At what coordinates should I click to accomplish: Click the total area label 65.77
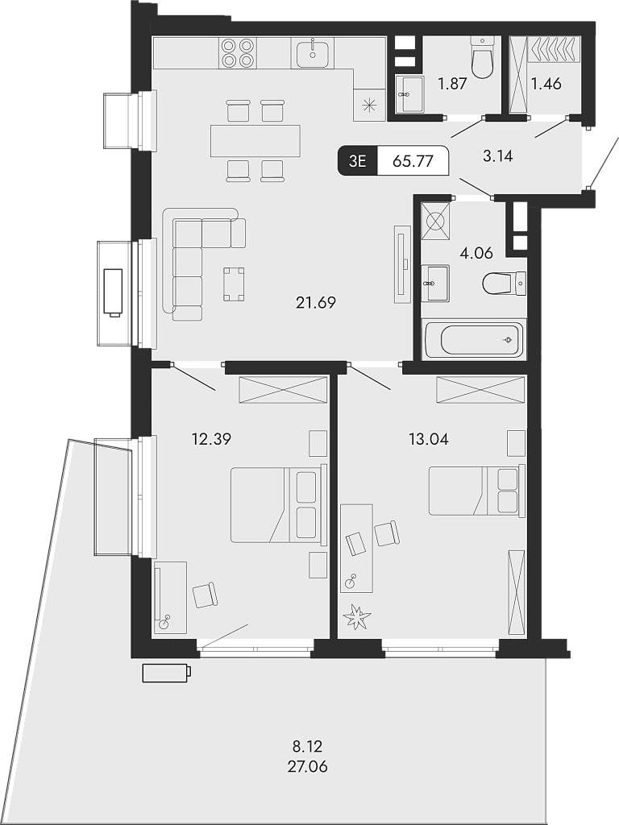click(413, 161)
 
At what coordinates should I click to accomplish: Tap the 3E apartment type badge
click(357, 161)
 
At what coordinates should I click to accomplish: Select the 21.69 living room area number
click(316, 303)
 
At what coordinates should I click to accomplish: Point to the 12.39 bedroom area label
click(212, 438)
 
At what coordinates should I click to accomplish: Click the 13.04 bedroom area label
click(429, 438)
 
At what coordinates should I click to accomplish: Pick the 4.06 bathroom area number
click(476, 254)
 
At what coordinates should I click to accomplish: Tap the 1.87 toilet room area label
click(453, 83)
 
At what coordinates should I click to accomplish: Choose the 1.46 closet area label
click(546, 83)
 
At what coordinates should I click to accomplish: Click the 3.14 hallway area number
click(497, 155)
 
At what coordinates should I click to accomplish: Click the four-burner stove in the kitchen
click(238, 52)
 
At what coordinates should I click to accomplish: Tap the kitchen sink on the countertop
click(314, 52)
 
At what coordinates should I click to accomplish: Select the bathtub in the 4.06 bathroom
click(473, 340)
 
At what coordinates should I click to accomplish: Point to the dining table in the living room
click(255, 140)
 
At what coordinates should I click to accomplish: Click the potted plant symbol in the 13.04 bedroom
click(357, 616)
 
